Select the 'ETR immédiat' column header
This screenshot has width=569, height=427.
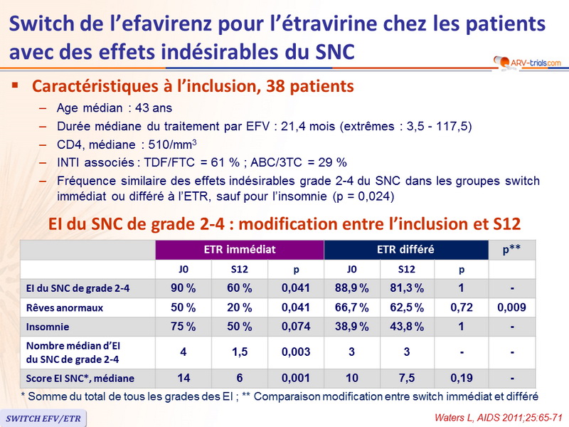click(x=240, y=250)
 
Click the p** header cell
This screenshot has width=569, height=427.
click(x=513, y=250)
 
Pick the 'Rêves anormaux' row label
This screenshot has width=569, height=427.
click(x=54, y=307)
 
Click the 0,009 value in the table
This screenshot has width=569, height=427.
click(x=513, y=307)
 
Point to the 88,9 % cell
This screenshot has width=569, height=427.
click(x=352, y=288)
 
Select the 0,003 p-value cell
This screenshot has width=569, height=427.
click(x=295, y=352)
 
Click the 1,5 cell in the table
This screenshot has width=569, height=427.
click(x=240, y=352)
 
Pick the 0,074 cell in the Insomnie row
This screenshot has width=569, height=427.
click(x=295, y=327)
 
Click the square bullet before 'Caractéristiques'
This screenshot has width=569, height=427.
click(x=16, y=87)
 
